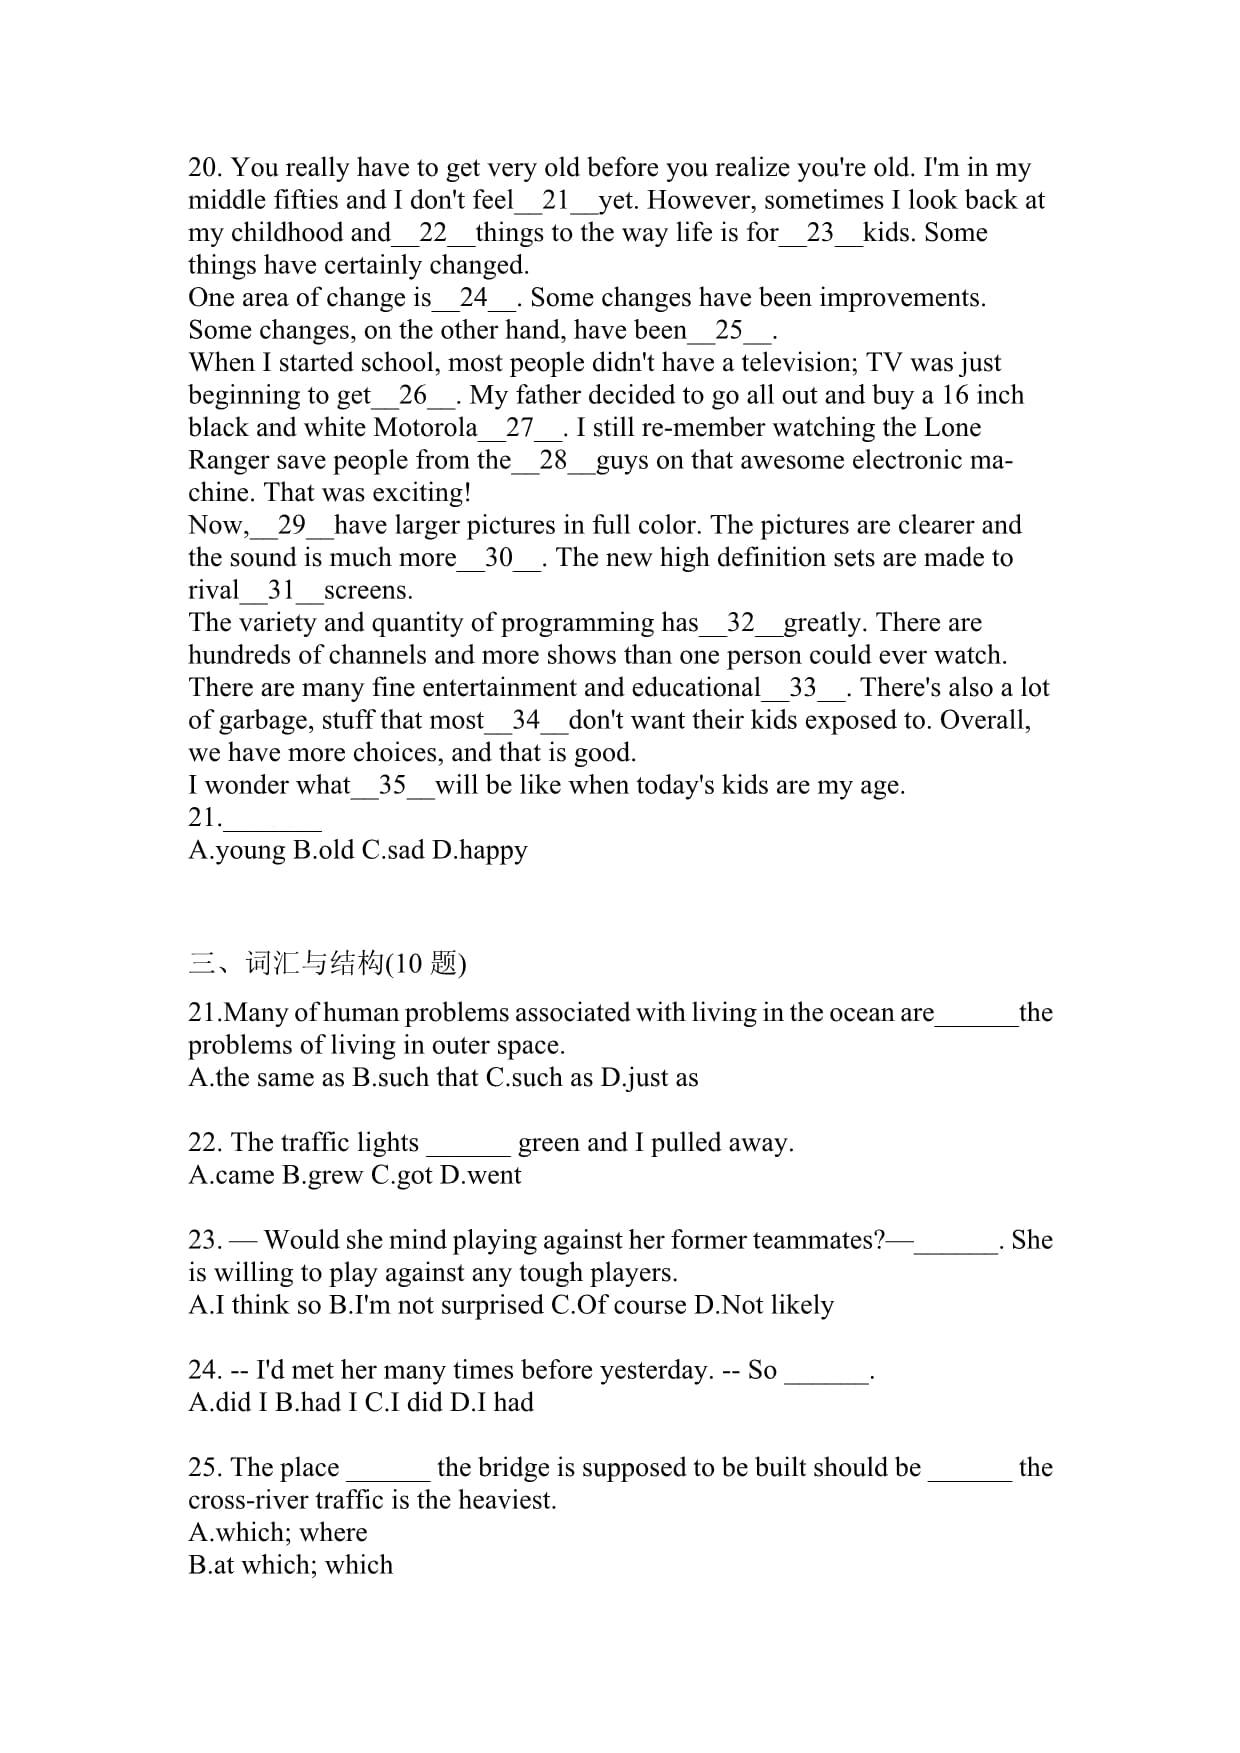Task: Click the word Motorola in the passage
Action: (x=425, y=428)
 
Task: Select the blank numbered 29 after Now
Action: (x=292, y=526)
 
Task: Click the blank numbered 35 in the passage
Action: (x=392, y=786)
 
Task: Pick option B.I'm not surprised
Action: (x=436, y=1305)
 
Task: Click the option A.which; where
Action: (x=278, y=1533)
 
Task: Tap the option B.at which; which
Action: (x=290, y=1565)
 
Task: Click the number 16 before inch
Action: (x=954, y=396)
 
